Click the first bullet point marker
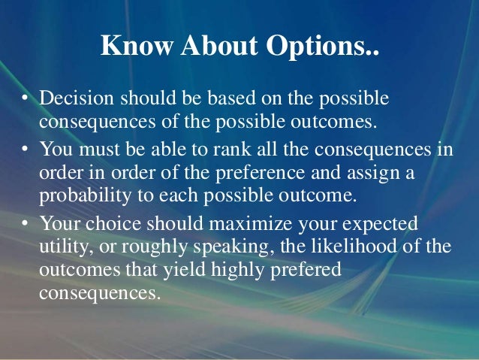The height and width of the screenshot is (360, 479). coord(25,99)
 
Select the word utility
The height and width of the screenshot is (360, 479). coord(62,247)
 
